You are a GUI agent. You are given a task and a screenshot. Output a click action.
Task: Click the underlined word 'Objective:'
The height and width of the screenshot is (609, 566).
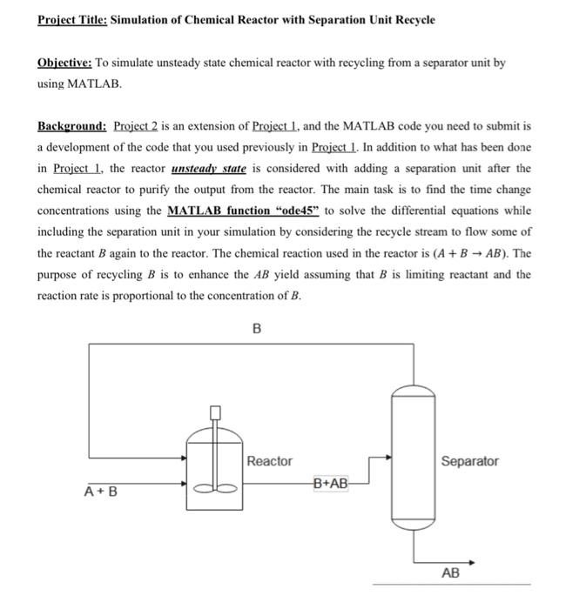64,64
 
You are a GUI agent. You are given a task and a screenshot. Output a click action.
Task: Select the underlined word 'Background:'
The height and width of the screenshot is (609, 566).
72,126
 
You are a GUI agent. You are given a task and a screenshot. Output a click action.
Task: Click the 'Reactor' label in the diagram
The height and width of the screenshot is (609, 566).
269,461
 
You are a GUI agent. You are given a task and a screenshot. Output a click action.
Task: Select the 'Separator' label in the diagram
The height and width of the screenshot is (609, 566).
469,461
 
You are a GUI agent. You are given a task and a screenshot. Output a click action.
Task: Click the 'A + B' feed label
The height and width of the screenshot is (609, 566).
101,492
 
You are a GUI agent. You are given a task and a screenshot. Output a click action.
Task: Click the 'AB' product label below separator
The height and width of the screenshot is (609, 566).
451,574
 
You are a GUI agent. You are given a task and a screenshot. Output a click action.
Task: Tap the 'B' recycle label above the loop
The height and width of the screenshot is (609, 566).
256,329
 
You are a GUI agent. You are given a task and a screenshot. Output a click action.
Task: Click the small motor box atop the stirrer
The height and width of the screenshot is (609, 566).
215,412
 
